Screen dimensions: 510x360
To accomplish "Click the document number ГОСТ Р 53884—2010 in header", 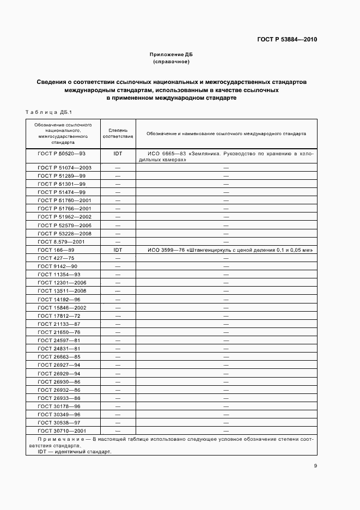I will [287, 40].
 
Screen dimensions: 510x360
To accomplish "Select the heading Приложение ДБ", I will [171, 55].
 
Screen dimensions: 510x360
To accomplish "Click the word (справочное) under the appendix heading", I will [171, 62].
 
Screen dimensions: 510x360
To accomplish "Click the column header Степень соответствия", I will [118, 133].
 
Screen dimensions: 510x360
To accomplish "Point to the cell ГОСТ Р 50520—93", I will [62, 154].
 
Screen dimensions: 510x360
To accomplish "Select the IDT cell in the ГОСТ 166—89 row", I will [118, 250].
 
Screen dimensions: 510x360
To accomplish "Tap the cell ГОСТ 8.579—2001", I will [61, 241].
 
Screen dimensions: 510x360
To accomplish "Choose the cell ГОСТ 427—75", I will [56, 258].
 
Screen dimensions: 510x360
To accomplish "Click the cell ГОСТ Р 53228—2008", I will [65, 233].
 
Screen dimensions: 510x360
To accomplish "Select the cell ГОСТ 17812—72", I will [59, 315].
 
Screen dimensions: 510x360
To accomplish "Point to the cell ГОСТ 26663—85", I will [59, 356].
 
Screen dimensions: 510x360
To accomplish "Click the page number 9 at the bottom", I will [315, 465].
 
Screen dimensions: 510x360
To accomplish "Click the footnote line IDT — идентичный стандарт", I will [74, 452].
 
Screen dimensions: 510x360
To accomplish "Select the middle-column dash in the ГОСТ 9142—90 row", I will [118, 266].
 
